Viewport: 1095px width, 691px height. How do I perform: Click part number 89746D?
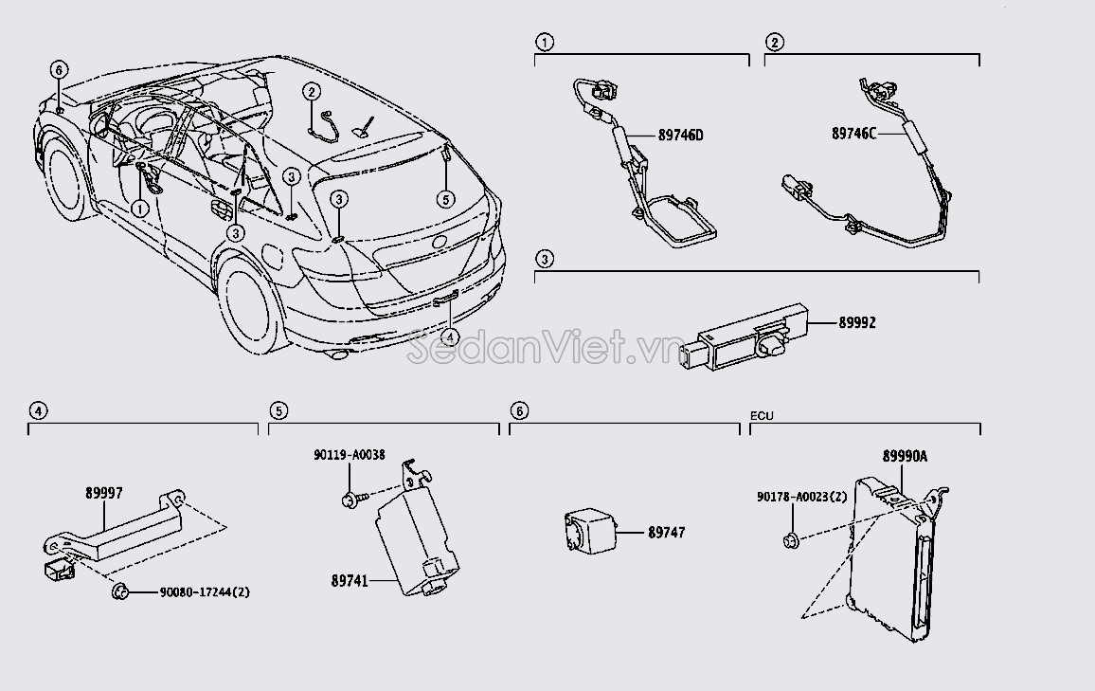coord(680,135)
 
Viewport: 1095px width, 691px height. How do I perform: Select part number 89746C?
coord(854,135)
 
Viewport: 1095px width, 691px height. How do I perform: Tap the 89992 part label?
coord(856,322)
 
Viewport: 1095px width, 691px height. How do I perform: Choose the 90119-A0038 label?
coord(350,455)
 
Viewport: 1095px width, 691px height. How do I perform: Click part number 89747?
coord(666,533)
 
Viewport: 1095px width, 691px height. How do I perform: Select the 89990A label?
coord(905,457)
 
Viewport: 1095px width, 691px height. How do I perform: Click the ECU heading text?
coord(762,415)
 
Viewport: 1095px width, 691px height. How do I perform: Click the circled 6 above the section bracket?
coord(518,410)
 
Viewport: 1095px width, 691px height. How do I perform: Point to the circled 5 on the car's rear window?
coord(442,198)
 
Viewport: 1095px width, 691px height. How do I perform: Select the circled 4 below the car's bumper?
coord(450,336)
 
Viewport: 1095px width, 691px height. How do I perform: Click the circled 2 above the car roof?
coord(311,92)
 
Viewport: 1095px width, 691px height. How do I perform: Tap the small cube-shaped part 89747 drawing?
coord(588,532)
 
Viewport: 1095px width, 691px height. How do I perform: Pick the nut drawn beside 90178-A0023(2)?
coord(789,541)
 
